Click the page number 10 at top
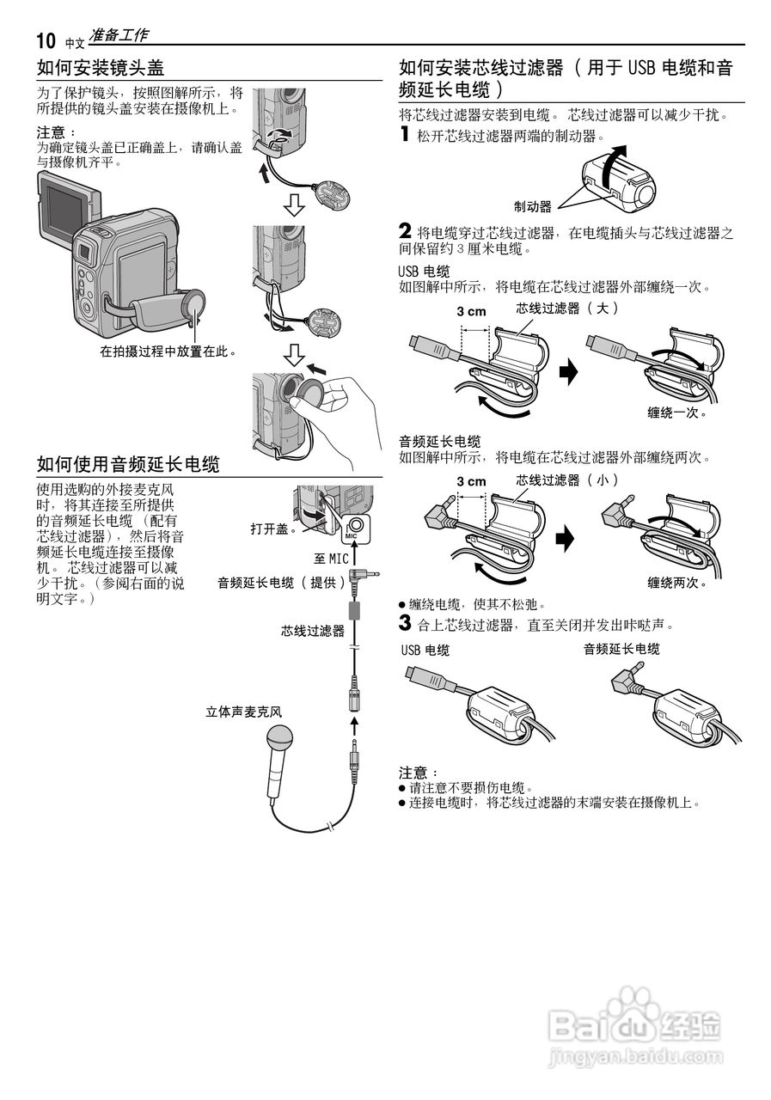click(x=46, y=40)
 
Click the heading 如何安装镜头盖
click(x=101, y=68)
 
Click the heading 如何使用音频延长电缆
click(x=128, y=465)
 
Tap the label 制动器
click(x=533, y=206)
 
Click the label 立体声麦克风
click(x=243, y=712)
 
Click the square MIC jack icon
click(x=355, y=529)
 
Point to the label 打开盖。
click(x=274, y=529)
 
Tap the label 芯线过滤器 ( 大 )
click(x=567, y=308)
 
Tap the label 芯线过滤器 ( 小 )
click(x=567, y=480)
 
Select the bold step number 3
click(x=405, y=621)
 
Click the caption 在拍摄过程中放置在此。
click(x=168, y=351)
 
